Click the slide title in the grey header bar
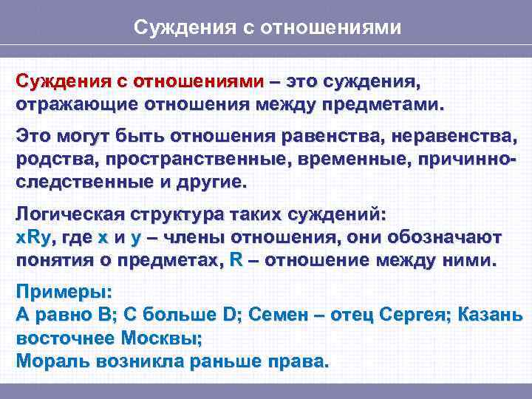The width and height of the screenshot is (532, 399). pyautogui.click(x=267, y=28)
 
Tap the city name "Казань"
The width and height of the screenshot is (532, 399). pyautogui.click(x=491, y=316)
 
